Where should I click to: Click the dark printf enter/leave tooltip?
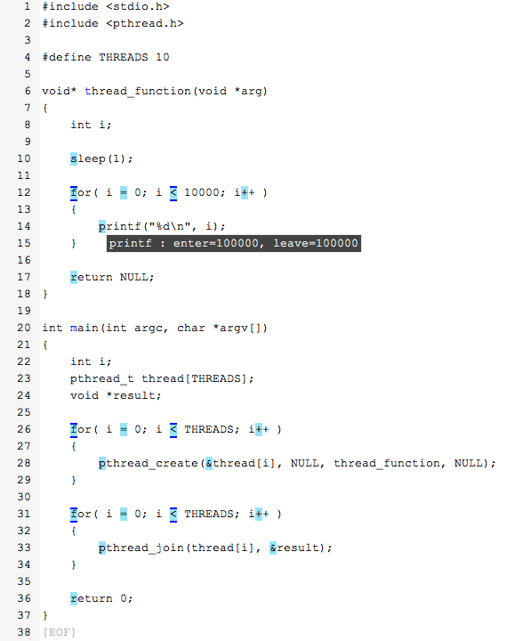(234, 243)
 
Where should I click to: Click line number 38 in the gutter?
(24, 631)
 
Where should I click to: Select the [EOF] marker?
(60, 632)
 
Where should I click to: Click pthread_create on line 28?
(149, 463)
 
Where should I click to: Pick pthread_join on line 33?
(141, 548)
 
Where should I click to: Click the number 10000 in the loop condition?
(201, 192)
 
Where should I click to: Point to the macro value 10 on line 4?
(162, 57)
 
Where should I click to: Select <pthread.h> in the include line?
(145, 23)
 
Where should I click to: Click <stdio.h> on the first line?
(138, 6)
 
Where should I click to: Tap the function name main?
(84, 328)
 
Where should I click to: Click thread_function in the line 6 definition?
(138, 91)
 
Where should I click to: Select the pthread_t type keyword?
(101, 379)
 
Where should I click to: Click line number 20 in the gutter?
(24, 328)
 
